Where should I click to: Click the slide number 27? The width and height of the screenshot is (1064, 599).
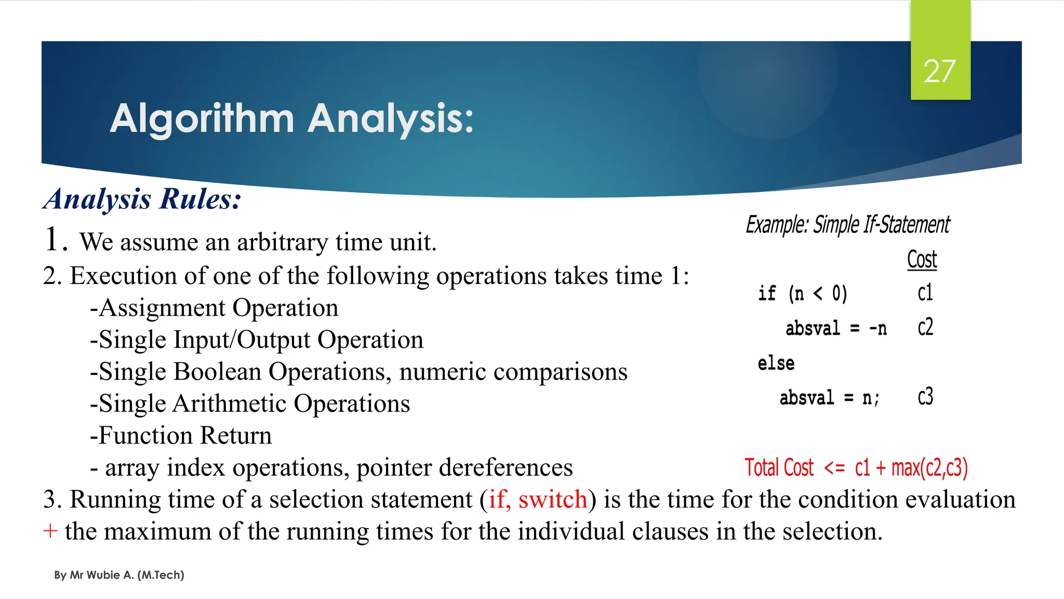pyautogui.click(x=940, y=71)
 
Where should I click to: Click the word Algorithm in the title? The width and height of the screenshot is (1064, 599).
pyautogui.click(x=202, y=119)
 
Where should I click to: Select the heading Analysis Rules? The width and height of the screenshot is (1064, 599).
pyautogui.click(x=142, y=199)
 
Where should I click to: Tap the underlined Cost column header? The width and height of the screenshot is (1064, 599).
pyautogui.click(x=922, y=259)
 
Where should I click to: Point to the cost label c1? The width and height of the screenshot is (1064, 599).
pyautogui.click(x=925, y=293)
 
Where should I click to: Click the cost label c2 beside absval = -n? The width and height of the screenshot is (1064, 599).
pyautogui.click(x=925, y=328)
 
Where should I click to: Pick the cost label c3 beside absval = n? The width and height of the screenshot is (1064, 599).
pyautogui.click(x=925, y=397)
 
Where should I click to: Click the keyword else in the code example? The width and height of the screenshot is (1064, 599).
pyautogui.click(x=776, y=363)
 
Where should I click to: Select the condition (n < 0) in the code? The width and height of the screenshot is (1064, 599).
pyautogui.click(x=818, y=294)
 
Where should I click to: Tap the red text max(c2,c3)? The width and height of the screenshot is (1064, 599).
pyautogui.click(x=929, y=468)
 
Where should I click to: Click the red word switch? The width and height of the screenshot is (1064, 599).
pyautogui.click(x=553, y=500)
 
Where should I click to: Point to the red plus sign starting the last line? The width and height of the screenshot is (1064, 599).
pyautogui.click(x=50, y=531)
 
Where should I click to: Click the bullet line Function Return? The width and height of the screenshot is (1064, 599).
pyautogui.click(x=181, y=436)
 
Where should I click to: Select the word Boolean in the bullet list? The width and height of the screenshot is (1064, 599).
pyautogui.click(x=217, y=372)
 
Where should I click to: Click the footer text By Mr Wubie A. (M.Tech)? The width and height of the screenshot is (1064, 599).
pyautogui.click(x=119, y=575)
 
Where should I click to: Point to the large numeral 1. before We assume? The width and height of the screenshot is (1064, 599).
pyautogui.click(x=55, y=240)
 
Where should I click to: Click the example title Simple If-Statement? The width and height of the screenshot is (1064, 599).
pyautogui.click(x=881, y=225)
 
